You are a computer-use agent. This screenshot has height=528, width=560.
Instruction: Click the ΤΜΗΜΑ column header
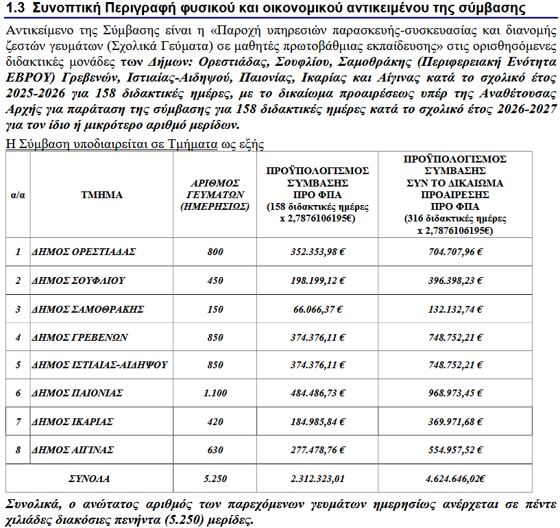101,195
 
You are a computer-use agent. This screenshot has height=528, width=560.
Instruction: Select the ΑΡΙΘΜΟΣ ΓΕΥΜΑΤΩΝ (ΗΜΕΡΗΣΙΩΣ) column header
215,195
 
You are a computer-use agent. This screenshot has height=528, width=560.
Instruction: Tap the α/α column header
18,195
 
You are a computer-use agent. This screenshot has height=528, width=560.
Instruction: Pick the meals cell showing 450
215,280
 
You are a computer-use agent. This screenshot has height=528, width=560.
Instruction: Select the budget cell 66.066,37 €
317,309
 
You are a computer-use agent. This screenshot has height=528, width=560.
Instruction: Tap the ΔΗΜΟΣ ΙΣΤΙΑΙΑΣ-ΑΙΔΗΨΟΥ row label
99,365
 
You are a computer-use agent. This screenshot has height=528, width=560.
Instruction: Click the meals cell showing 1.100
215,393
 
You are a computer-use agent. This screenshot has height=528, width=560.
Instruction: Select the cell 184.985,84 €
317,421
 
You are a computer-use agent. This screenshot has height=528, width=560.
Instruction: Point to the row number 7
18,421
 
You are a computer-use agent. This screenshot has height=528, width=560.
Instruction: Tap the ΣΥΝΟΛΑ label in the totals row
89,478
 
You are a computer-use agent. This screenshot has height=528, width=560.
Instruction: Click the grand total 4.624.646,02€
454,478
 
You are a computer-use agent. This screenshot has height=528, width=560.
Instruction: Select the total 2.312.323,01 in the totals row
317,478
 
